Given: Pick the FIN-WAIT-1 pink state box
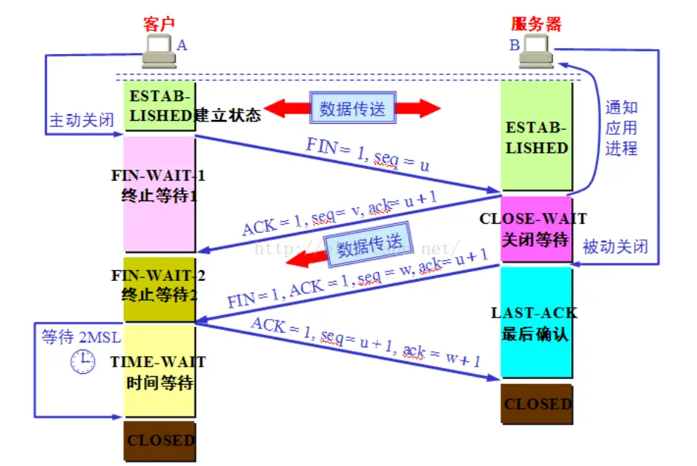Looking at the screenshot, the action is click(x=159, y=193).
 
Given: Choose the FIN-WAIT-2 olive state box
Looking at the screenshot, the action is click(x=159, y=288).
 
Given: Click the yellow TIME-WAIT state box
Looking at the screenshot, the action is click(x=159, y=370).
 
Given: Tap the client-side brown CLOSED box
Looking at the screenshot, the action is click(x=159, y=440).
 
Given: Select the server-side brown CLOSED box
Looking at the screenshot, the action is click(x=536, y=404).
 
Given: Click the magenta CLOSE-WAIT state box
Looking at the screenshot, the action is click(x=536, y=228).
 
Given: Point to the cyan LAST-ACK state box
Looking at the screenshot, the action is click(x=536, y=322).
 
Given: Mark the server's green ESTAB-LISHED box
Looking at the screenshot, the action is click(x=536, y=137).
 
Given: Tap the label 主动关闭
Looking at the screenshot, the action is click(x=81, y=120).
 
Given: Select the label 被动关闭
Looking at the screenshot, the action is click(x=615, y=246).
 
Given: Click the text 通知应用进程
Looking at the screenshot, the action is click(x=621, y=128).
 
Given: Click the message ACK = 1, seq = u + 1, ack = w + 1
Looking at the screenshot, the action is click(x=366, y=342).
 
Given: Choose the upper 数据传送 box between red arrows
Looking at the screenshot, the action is click(x=353, y=109).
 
